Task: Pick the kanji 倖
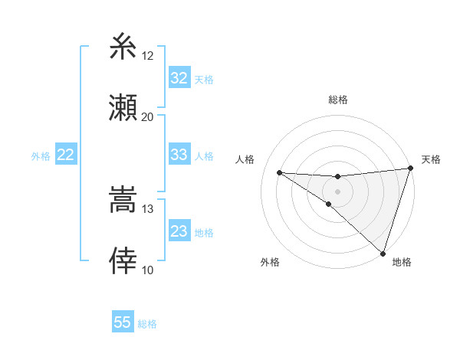pyautogui.click(x=123, y=260)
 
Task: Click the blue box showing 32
pyautogui.click(x=179, y=78)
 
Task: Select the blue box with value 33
pyautogui.click(x=179, y=155)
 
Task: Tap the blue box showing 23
pyautogui.click(x=179, y=231)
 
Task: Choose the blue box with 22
pyautogui.click(x=65, y=155)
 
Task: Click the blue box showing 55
pyautogui.click(x=123, y=322)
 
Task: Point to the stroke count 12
pyautogui.click(x=148, y=56)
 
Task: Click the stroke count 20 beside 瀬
pyautogui.click(x=148, y=117)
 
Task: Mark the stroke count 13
pyautogui.click(x=148, y=209)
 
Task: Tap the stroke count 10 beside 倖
pyautogui.click(x=148, y=270)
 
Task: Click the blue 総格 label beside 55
pyautogui.click(x=147, y=324)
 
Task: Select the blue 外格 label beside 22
pyautogui.click(x=41, y=156)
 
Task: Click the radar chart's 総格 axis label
pyautogui.click(x=338, y=100)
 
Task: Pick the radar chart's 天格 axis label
pyautogui.click(x=431, y=159)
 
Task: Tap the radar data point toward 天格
pyautogui.click(x=410, y=169)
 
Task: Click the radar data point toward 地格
pyautogui.click(x=383, y=254)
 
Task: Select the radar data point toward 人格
pyautogui.click(x=280, y=172)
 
